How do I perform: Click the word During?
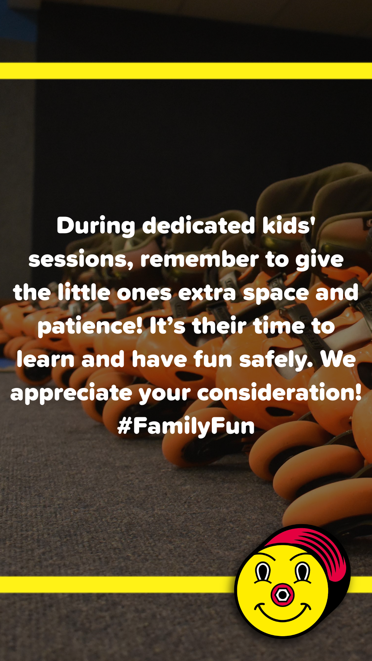95,227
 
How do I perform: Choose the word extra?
207,293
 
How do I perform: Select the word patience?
90,327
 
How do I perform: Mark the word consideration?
279,392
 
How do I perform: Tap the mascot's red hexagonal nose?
282,595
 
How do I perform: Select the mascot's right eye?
303,572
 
